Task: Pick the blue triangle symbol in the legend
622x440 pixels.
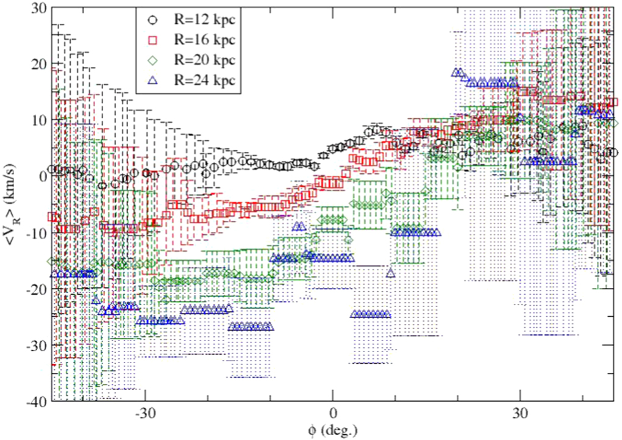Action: pyautogui.click(x=153, y=79)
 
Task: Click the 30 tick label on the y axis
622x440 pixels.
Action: pyautogui.click(x=38, y=7)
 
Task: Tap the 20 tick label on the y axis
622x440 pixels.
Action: pyautogui.click(x=38, y=63)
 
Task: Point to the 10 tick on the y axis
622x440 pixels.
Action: pyautogui.click(x=38, y=120)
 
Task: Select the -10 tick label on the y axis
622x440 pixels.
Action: pyautogui.click(x=35, y=233)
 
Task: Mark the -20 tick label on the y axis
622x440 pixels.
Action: pyautogui.click(x=35, y=289)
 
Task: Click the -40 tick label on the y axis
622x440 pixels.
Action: pyautogui.click(x=35, y=401)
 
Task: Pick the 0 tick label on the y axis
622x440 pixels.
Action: pyautogui.click(x=41, y=176)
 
